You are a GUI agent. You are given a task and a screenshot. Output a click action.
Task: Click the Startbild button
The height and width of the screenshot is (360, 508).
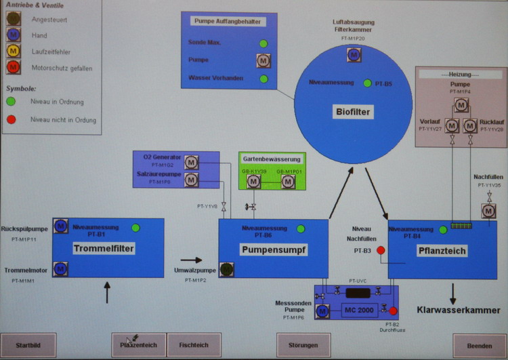[28, 345]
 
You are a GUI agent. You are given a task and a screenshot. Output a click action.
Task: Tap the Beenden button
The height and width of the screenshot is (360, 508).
[480, 345]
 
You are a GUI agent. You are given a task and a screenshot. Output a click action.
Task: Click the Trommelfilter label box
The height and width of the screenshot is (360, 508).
[104, 249]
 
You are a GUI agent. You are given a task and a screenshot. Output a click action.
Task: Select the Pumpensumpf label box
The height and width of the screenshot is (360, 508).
[274, 250]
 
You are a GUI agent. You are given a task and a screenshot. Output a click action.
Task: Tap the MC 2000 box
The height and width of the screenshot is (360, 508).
[359, 310]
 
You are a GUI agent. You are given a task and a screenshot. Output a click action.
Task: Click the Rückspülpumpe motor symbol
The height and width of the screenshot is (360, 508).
[61, 226]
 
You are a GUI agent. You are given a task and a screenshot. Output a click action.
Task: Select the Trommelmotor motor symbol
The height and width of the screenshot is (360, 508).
[61, 269]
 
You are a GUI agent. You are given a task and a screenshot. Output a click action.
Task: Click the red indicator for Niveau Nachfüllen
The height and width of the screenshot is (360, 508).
[381, 251]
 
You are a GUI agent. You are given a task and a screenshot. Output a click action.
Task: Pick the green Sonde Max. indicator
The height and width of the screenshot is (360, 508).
[263, 44]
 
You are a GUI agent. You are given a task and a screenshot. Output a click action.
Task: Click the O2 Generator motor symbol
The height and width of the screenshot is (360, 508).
[191, 163]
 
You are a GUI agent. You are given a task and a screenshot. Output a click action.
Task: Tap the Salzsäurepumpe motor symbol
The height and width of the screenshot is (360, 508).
[191, 180]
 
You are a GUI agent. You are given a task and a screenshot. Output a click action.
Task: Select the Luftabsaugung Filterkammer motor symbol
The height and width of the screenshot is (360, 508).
[353, 56]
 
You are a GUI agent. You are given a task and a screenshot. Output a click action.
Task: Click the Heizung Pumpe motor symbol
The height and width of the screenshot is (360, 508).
[461, 105]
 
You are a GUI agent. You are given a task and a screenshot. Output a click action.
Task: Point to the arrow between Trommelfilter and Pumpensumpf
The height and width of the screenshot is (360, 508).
[192, 260]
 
